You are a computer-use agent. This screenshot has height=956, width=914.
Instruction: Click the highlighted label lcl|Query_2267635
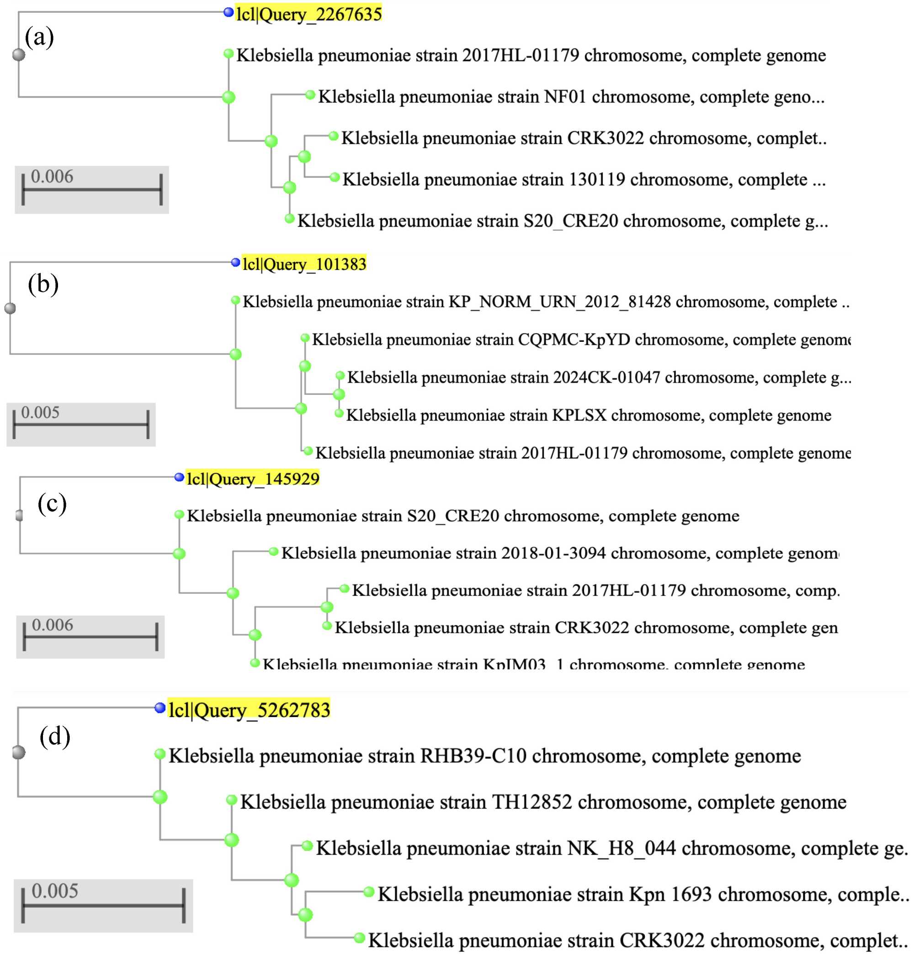[x=308, y=14]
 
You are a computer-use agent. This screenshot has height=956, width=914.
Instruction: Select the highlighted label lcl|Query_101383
[x=304, y=264]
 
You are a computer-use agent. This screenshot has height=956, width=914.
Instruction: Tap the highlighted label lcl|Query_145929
[x=253, y=478]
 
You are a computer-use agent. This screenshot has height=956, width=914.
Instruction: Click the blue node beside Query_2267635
[x=228, y=13]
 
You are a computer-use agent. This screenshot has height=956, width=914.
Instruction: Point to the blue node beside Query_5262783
[x=160, y=708]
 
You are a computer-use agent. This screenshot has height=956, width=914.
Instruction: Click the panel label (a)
[x=39, y=37]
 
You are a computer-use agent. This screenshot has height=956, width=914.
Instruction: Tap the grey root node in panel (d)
[x=19, y=752]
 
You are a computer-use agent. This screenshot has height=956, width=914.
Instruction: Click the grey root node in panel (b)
[x=10, y=308]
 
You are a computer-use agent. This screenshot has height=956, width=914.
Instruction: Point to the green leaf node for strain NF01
[x=310, y=95]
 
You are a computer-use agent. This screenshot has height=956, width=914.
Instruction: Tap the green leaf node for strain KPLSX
[x=339, y=414]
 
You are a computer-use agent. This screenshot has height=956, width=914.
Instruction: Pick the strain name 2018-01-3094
[x=553, y=553]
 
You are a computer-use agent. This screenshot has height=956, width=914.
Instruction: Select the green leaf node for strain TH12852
[x=232, y=800]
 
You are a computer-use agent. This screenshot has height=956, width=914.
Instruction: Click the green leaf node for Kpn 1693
[x=369, y=892]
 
